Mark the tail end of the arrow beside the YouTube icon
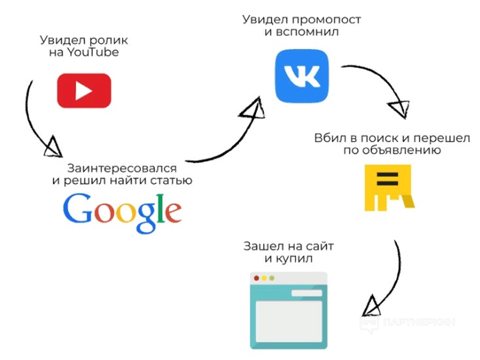[32, 81]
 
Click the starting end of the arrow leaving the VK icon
[342, 66]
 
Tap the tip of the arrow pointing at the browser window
[363, 315]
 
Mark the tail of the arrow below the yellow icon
[395, 241]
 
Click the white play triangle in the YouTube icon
[84, 91]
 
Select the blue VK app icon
[302, 76]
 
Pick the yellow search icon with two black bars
[389, 188]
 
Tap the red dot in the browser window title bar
[257, 278]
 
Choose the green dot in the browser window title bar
[272, 278]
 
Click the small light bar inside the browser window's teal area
[307, 293]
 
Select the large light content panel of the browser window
[289, 321]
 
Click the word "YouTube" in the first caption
[93, 52]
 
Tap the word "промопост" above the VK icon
[326, 20]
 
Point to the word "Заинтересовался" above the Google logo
[122, 168]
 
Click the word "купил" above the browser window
[294, 259]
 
